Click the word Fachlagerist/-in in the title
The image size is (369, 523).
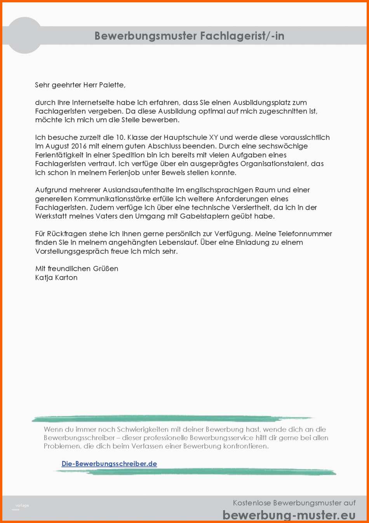(x=242, y=36)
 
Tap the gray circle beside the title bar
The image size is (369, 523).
(x=24, y=35)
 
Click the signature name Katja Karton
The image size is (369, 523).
(x=56, y=277)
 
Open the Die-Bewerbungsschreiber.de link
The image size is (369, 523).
(x=109, y=464)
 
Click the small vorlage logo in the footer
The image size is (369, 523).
(x=22, y=506)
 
